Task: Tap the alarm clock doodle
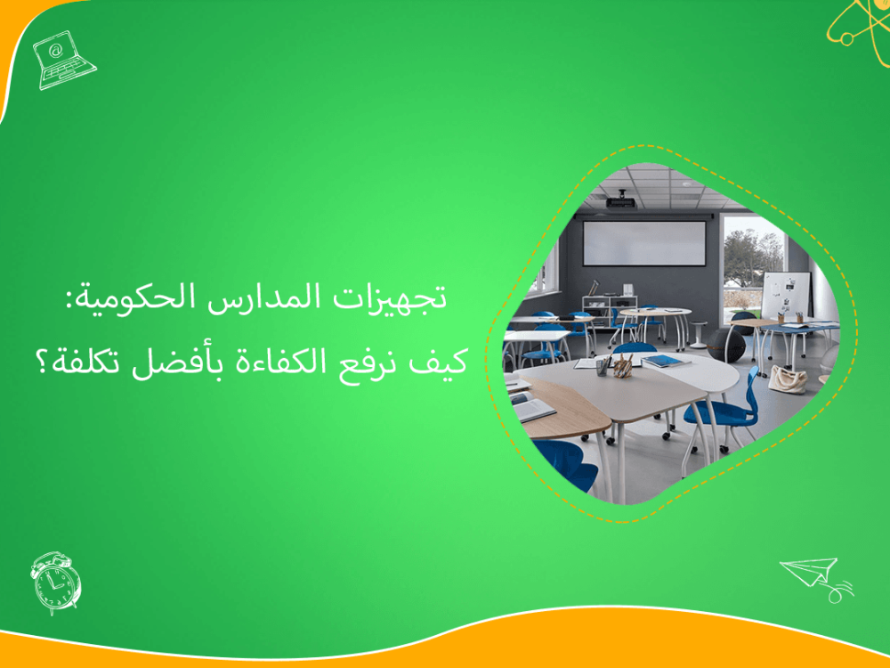click(x=55, y=582)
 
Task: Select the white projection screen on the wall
click(x=644, y=243)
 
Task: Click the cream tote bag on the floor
click(x=788, y=379)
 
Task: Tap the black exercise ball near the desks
click(x=728, y=343)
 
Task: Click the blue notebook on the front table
click(x=665, y=361)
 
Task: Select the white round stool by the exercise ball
click(x=698, y=332)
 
